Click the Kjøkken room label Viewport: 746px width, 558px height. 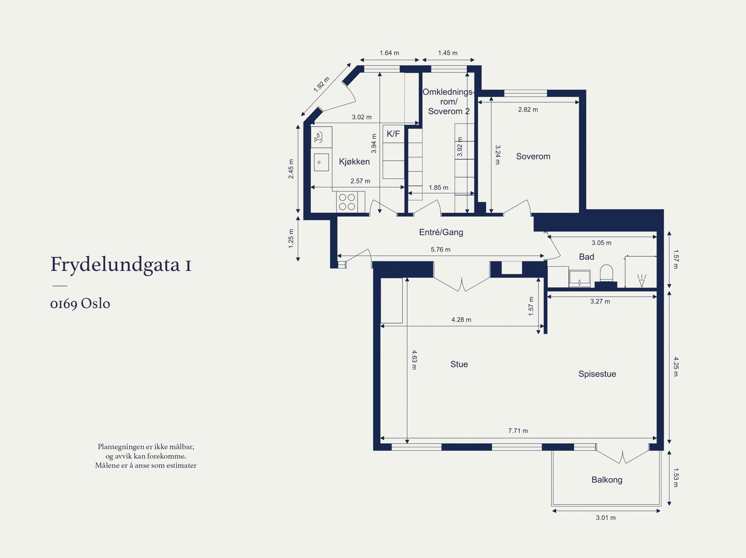point(354,162)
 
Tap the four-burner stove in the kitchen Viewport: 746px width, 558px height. point(347,202)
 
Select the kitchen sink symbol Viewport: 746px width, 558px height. point(321,162)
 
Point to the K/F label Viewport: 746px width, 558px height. point(393,134)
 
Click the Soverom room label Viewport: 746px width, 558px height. point(533,157)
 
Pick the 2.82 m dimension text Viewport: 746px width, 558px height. point(528,109)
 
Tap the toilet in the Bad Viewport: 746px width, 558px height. point(606,273)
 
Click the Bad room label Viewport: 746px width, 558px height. point(586,257)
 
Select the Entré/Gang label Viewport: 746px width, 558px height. point(441,232)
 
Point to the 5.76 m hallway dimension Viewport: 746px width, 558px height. point(440,250)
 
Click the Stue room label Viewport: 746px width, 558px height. point(459,364)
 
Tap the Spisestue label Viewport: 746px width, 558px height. point(597,374)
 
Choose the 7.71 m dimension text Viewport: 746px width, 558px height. point(518,431)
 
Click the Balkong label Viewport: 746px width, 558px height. point(607,480)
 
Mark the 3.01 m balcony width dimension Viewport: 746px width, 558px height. point(605,517)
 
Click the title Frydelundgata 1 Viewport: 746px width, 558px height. point(121,265)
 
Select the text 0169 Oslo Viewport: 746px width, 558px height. point(80,304)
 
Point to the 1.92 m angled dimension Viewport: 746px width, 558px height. point(321,84)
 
